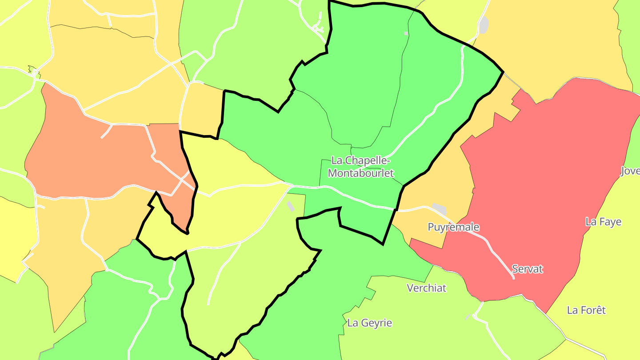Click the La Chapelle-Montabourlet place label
361,167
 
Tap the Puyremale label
453,227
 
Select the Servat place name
528,269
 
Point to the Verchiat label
427,288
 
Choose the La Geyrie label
370,323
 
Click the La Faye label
604,222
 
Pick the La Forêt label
586,310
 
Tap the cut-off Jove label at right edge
630,171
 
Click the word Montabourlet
361,173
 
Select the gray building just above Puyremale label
439,208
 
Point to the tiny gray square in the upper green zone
406,33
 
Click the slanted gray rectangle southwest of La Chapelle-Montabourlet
290,206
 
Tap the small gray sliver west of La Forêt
468,317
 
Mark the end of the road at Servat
513,278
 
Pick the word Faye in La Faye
610,222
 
